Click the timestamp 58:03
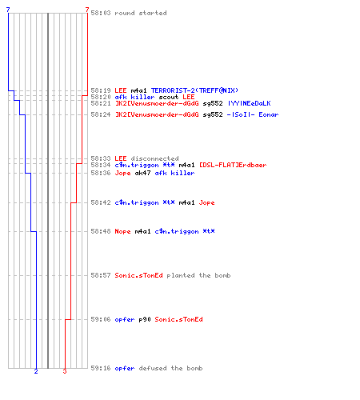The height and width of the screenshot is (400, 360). pos(101,13)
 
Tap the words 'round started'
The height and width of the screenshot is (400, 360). pos(141,13)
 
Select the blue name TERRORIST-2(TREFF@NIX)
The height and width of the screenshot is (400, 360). pos(194,90)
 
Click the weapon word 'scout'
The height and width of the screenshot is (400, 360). pos(169,97)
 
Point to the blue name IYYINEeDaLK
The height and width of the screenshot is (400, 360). pos(249,103)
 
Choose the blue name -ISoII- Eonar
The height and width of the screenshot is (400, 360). pos(253,114)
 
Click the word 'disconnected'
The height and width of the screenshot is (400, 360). pos(154,158)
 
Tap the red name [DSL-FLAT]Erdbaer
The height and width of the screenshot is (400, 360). pos(233,165)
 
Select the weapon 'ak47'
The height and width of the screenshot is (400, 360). pos(142,173)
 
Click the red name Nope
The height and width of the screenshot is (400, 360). pos(122,231)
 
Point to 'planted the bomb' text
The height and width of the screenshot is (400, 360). pos(198,275)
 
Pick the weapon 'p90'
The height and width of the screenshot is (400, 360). pos(145,319)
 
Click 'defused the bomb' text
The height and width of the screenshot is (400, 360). pos(170,368)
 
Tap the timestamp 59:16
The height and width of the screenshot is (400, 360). pos(101,368)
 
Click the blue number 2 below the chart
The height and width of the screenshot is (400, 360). pos(36,371)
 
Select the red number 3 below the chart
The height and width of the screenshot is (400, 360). pos(65,371)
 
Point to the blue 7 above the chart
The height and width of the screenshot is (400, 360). pos(8,10)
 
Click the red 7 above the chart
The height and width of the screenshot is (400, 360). pos(87,10)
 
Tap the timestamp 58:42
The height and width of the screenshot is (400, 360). pos(101,202)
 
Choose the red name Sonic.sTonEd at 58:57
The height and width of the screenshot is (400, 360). pos(138,275)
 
